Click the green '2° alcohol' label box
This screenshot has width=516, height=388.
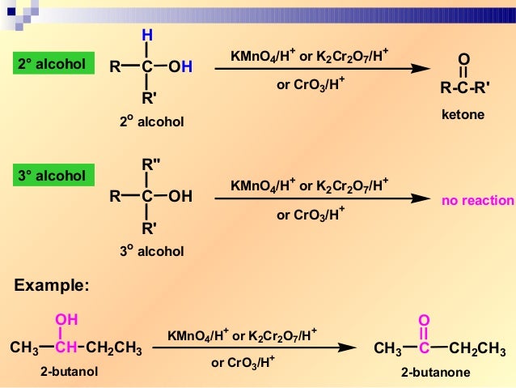click(50, 64)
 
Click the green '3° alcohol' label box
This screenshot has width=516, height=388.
click(50, 175)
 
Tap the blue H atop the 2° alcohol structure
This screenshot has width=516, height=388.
click(146, 35)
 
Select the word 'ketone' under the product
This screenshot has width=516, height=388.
click(463, 115)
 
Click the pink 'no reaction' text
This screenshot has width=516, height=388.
click(477, 200)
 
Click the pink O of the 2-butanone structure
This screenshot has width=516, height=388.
click(423, 319)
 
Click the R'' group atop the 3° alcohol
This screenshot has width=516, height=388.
click(150, 164)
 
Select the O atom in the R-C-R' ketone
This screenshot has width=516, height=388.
click(463, 59)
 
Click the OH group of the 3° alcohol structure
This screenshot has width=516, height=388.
click(180, 196)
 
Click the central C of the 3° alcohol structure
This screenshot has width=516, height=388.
click(146, 196)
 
